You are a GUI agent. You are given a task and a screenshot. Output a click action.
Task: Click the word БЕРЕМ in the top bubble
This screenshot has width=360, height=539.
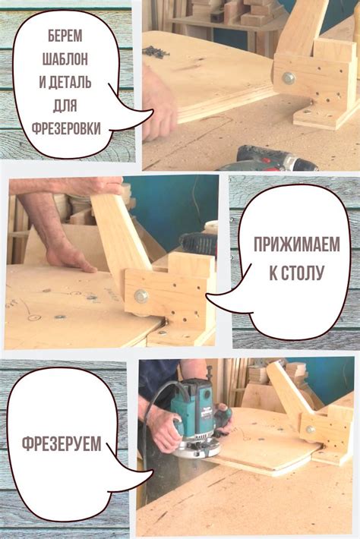pyautogui.click(x=65, y=36)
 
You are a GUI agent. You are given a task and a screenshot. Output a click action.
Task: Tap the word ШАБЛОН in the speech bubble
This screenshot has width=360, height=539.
pyautogui.click(x=65, y=59)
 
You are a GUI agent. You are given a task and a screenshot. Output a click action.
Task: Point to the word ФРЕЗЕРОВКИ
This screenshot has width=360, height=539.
pyautogui.click(x=66, y=128)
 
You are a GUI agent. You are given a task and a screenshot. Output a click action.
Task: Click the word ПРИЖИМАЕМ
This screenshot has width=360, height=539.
pyautogui.click(x=296, y=244)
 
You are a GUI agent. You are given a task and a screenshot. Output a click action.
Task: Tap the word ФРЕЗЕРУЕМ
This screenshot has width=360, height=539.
pyautogui.click(x=62, y=443)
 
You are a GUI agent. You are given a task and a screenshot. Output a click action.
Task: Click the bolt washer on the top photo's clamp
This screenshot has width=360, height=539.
pyautogui.click(x=289, y=78)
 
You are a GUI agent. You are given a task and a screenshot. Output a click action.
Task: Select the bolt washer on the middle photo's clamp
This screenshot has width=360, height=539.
pyautogui.click(x=141, y=296)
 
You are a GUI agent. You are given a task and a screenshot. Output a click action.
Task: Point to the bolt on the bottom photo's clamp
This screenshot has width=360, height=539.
pyautogui.click(x=310, y=429)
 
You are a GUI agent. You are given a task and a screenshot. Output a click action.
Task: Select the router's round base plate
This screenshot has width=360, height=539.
pyautogui.click(x=197, y=448)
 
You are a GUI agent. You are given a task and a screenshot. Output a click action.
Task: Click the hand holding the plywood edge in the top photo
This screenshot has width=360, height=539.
pyautogui.click(x=157, y=103)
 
